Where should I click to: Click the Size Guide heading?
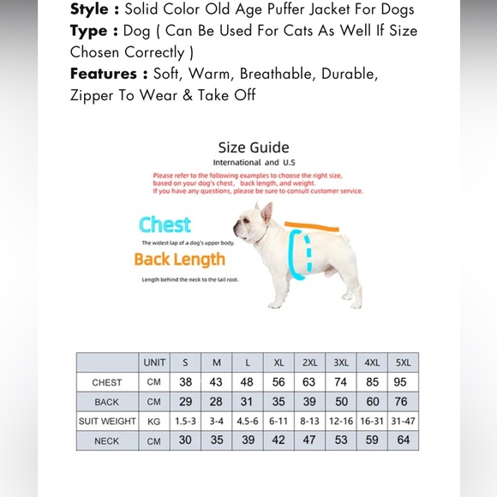(253, 147)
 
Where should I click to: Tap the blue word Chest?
(165, 225)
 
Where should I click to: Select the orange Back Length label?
(179, 259)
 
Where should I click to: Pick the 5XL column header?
(404, 362)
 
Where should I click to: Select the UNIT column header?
(154, 362)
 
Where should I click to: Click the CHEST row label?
(107, 382)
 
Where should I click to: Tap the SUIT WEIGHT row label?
(107, 422)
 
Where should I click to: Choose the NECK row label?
(107, 441)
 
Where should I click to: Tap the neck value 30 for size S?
(186, 440)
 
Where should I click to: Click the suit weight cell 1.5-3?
(186, 422)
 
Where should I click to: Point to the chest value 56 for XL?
(278, 382)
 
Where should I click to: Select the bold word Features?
(104, 74)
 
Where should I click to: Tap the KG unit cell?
(154, 422)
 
